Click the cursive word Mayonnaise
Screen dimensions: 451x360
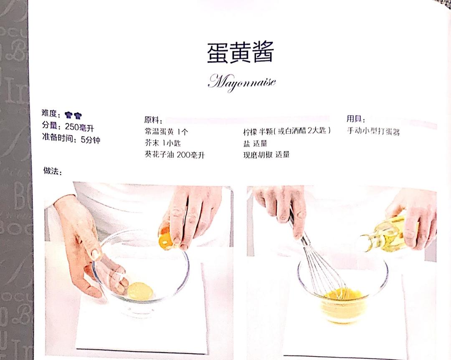(x=242, y=82)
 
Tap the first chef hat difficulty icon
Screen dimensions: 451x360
(x=69, y=115)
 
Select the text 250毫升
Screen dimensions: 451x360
(x=79, y=127)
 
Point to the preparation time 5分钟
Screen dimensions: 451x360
(x=91, y=140)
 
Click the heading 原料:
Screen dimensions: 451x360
(x=153, y=120)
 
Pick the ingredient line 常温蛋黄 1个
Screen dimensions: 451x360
(x=166, y=132)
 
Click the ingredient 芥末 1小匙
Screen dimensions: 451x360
(x=163, y=143)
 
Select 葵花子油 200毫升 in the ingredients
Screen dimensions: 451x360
(x=175, y=155)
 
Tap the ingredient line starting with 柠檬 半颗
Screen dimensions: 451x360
(x=287, y=131)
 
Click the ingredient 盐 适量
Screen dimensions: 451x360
(x=255, y=143)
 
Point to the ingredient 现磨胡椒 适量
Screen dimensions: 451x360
(x=266, y=155)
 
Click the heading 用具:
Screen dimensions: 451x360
(x=355, y=119)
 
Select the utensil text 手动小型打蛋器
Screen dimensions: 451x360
(x=373, y=131)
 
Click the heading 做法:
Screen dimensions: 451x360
(x=53, y=171)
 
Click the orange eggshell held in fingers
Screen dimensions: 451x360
(x=166, y=237)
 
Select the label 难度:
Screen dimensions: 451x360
(x=51, y=113)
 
